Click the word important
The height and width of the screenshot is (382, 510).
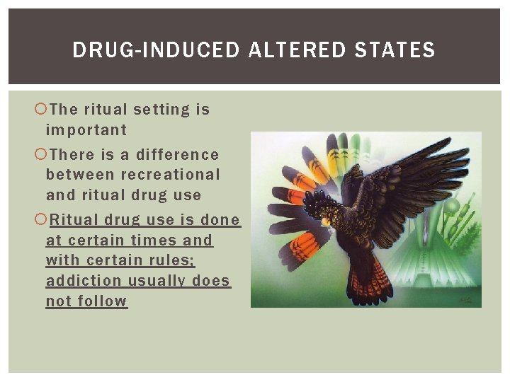[86, 130]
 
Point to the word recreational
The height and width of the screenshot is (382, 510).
[171, 175]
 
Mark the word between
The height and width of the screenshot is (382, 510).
[81, 175]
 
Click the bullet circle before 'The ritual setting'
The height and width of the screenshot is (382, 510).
[40, 110]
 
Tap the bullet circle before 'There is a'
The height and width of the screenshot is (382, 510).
[40, 154]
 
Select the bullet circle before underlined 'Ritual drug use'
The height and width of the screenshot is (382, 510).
[40, 220]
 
